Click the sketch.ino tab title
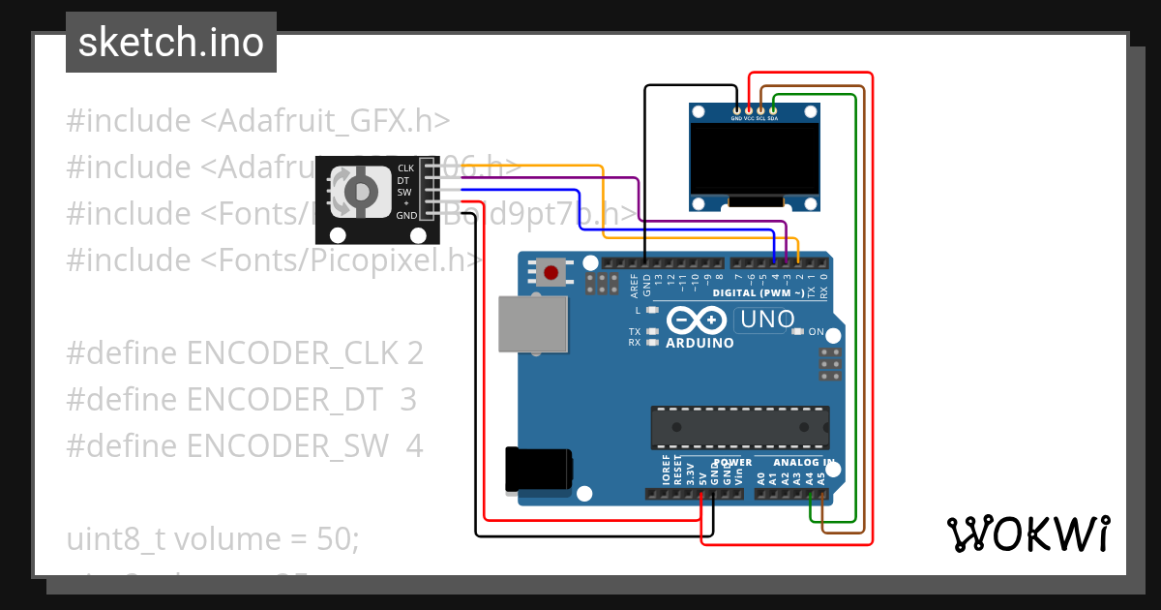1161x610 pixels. [171, 44]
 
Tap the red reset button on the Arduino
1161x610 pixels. [551, 272]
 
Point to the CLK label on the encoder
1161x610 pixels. [405, 168]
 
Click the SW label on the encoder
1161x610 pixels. [404, 192]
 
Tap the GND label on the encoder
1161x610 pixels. [405, 215]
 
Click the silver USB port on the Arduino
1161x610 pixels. [532, 324]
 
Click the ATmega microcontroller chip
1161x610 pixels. [739, 427]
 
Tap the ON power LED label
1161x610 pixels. [816, 332]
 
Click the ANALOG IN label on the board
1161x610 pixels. [795, 463]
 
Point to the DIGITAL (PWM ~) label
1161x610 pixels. [758, 292]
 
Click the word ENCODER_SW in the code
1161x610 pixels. [290, 446]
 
